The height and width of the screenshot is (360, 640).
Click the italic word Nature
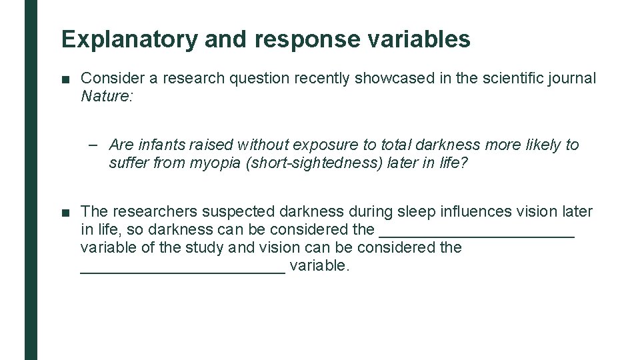106,96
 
